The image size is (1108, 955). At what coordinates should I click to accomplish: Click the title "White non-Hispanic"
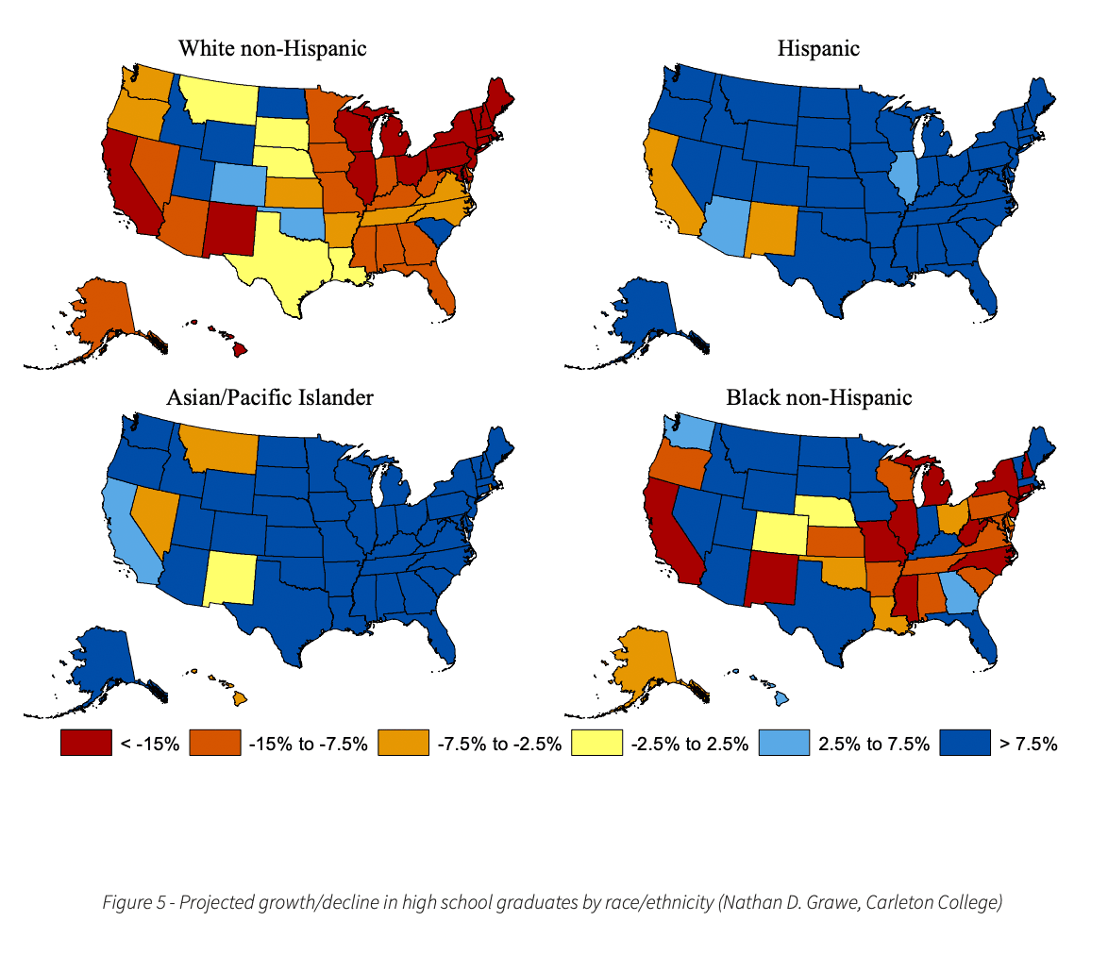pyautogui.click(x=273, y=48)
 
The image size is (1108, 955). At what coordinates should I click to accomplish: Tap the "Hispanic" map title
pyautogui.click(x=818, y=48)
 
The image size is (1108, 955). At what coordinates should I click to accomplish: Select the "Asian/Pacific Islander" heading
pyautogui.click(x=270, y=397)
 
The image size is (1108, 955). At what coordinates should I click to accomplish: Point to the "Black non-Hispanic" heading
pyautogui.click(x=818, y=397)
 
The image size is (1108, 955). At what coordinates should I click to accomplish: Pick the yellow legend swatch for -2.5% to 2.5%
pyautogui.click(x=597, y=744)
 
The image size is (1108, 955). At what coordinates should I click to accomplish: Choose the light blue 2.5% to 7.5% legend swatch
pyautogui.click(x=782, y=744)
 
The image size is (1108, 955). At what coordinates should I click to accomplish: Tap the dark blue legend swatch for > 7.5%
pyautogui.click(x=965, y=744)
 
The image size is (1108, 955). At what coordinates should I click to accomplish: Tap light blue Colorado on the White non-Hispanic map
pyautogui.click(x=237, y=180)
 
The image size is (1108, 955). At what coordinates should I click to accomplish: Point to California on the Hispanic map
pyautogui.click(x=671, y=189)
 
